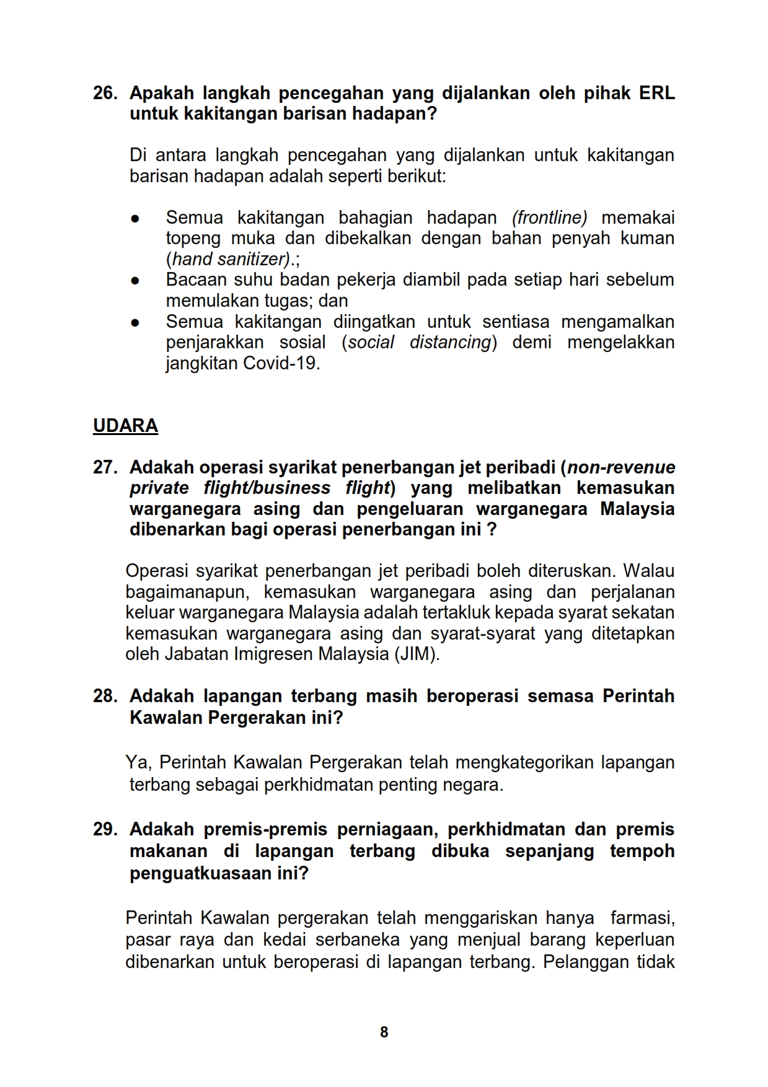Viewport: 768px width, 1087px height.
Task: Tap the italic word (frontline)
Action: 549,218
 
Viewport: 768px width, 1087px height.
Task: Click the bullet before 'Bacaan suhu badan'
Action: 135,281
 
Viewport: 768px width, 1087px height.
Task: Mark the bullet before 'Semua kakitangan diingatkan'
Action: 135,323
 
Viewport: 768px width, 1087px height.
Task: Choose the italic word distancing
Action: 451,342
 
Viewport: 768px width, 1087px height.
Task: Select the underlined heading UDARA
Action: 125,426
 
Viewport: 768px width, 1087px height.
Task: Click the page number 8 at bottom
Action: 384,1032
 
